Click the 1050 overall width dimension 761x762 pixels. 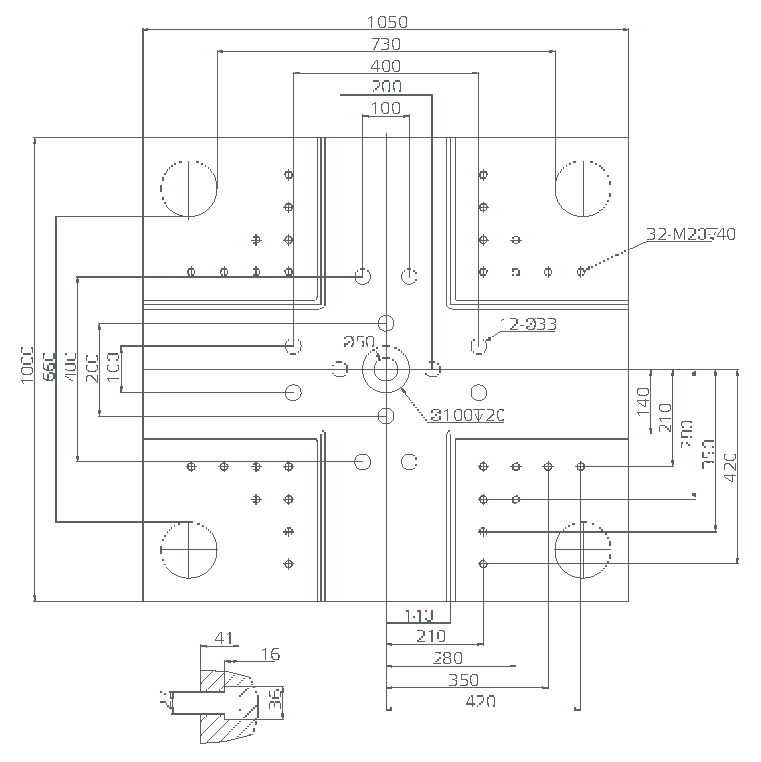(x=387, y=22)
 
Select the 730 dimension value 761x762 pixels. (x=386, y=44)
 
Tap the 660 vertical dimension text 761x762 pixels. (x=49, y=366)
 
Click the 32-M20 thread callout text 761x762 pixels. (x=690, y=234)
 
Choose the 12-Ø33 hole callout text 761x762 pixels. (x=528, y=324)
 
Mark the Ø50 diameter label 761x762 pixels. (x=359, y=341)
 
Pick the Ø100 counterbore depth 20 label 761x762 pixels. (x=467, y=415)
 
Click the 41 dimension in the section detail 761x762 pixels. (x=224, y=638)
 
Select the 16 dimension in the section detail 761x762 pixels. (x=270, y=654)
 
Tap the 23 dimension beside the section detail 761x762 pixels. (x=165, y=700)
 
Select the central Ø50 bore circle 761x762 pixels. (x=386, y=369)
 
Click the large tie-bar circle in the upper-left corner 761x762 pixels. (x=189, y=188)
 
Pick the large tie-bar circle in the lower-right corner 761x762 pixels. (x=583, y=549)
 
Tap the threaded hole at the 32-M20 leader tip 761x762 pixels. (x=580, y=271)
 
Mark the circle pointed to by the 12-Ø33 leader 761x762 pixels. (x=479, y=345)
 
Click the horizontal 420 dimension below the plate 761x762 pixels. (x=480, y=701)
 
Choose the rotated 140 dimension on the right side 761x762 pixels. (x=644, y=400)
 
